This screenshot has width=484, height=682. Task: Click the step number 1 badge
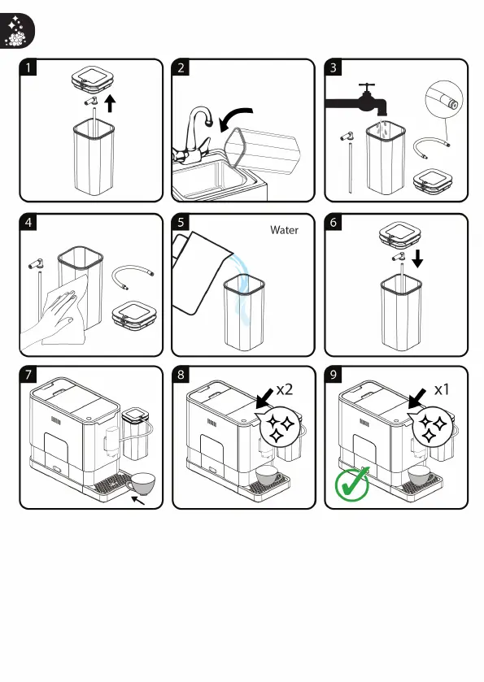[28, 67]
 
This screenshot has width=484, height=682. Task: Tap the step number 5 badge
[181, 222]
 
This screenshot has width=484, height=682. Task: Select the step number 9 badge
[334, 375]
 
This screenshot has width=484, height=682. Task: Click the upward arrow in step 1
[111, 104]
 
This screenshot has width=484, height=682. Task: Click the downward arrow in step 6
[417, 258]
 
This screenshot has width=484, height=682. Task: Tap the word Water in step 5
[284, 230]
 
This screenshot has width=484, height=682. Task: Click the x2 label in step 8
[285, 389]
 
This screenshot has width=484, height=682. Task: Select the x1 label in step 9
[442, 389]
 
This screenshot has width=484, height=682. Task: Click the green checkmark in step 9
[351, 484]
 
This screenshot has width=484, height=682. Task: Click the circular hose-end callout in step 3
[444, 100]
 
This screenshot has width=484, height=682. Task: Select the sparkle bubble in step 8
[280, 426]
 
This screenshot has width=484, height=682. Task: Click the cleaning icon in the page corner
[17, 30]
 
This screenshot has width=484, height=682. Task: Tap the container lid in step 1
[94, 79]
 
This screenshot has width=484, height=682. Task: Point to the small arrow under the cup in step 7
[138, 501]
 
